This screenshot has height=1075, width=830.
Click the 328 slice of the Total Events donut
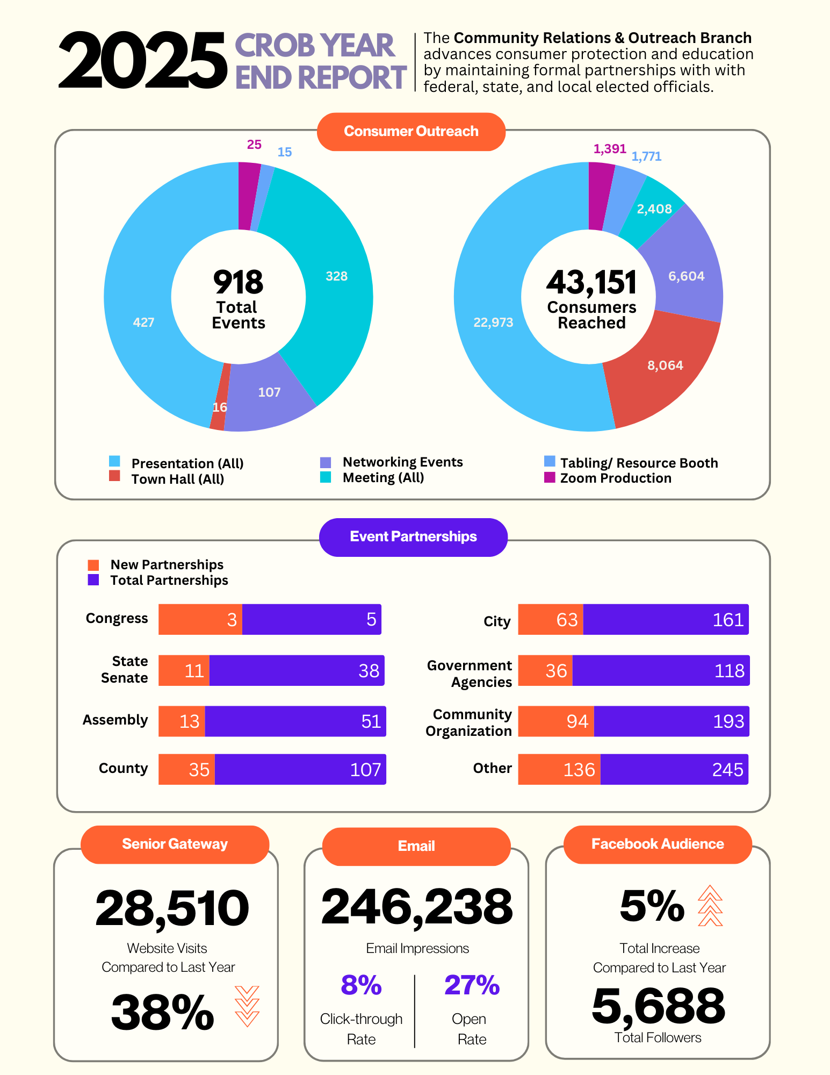[x=336, y=276]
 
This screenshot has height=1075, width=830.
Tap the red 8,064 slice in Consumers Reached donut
[x=665, y=365]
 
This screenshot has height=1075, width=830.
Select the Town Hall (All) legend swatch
[x=114, y=476]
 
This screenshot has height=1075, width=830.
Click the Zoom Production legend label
[x=616, y=478]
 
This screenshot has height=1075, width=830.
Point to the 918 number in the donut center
[x=238, y=282]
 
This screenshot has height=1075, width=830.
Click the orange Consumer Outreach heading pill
[x=411, y=132]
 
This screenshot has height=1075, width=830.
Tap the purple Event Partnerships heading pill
[x=413, y=537]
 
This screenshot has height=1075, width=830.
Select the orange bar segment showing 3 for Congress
[x=200, y=619]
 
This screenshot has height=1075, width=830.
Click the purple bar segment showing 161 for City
[x=666, y=619]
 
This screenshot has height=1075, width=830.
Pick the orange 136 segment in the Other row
[x=559, y=769]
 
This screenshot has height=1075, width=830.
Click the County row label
[x=123, y=769]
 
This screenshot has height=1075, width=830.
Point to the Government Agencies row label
[x=470, y=673]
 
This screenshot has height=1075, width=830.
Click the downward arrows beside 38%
[x=247, y=1006]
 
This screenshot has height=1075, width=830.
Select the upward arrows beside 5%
[x=710, y=906]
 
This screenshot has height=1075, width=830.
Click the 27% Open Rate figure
[x=472, y=985]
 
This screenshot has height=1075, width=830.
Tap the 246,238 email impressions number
[x=417, y=907]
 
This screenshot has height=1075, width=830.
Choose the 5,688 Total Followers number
[x=658, y=1005]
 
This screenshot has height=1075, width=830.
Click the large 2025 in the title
[x=142, y=60]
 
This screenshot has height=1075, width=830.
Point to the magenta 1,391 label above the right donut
[x=610, y=149]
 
